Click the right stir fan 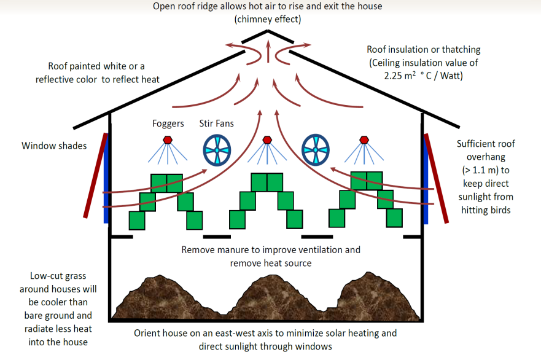pyautogui.click(x=317, y=149)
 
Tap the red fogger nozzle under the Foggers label pyautogui.click(x=167, y=141)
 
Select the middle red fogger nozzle pyautogui.click(x=267, y=139)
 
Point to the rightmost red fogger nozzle pyautogui.click(x=364, y=139)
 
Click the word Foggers pyautogui.click(x=168, y=123)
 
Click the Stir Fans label pyautogui.click(x=217, y=123)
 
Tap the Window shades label pyautogui.click(x=54, y=146)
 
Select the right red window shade pyautogui.click(x=436, y=178)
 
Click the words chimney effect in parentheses pyautogui.click(x=268, y=20)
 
